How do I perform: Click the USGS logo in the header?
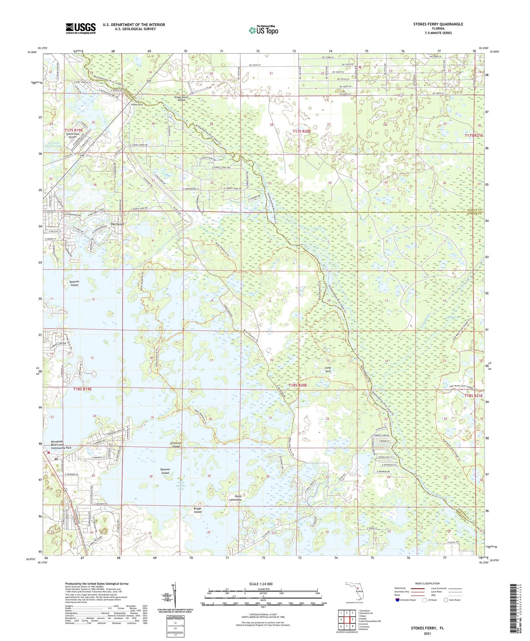81,28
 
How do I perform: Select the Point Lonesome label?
235,498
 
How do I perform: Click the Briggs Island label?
198,510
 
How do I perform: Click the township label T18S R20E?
297,385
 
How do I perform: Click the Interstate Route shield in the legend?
398,600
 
